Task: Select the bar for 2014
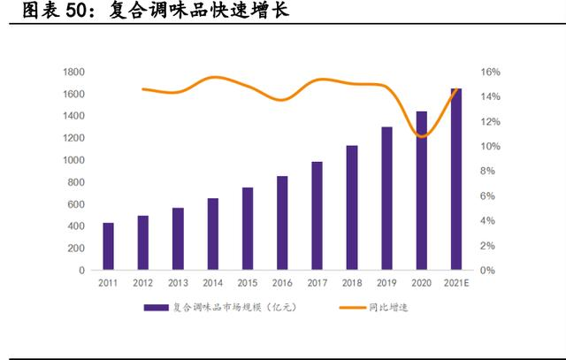[x=212, y=234]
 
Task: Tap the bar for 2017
[x=317, y=215]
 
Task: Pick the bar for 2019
[x=386, y=198]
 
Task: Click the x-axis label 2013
[x=178, y=283]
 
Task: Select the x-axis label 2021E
[x=456, y=283]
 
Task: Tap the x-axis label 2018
[x=352, y=283]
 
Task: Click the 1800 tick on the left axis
[x=74, y=72]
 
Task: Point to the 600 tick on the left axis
[x=77, y=204]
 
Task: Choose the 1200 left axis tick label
[x=74, y=138]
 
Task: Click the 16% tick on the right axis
[x=491, y=72]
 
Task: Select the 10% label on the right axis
[x=491, y=146]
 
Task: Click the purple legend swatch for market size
[x=157, y=308]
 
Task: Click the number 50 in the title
[x=79, y=11]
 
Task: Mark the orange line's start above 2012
[x=142, y=88]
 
